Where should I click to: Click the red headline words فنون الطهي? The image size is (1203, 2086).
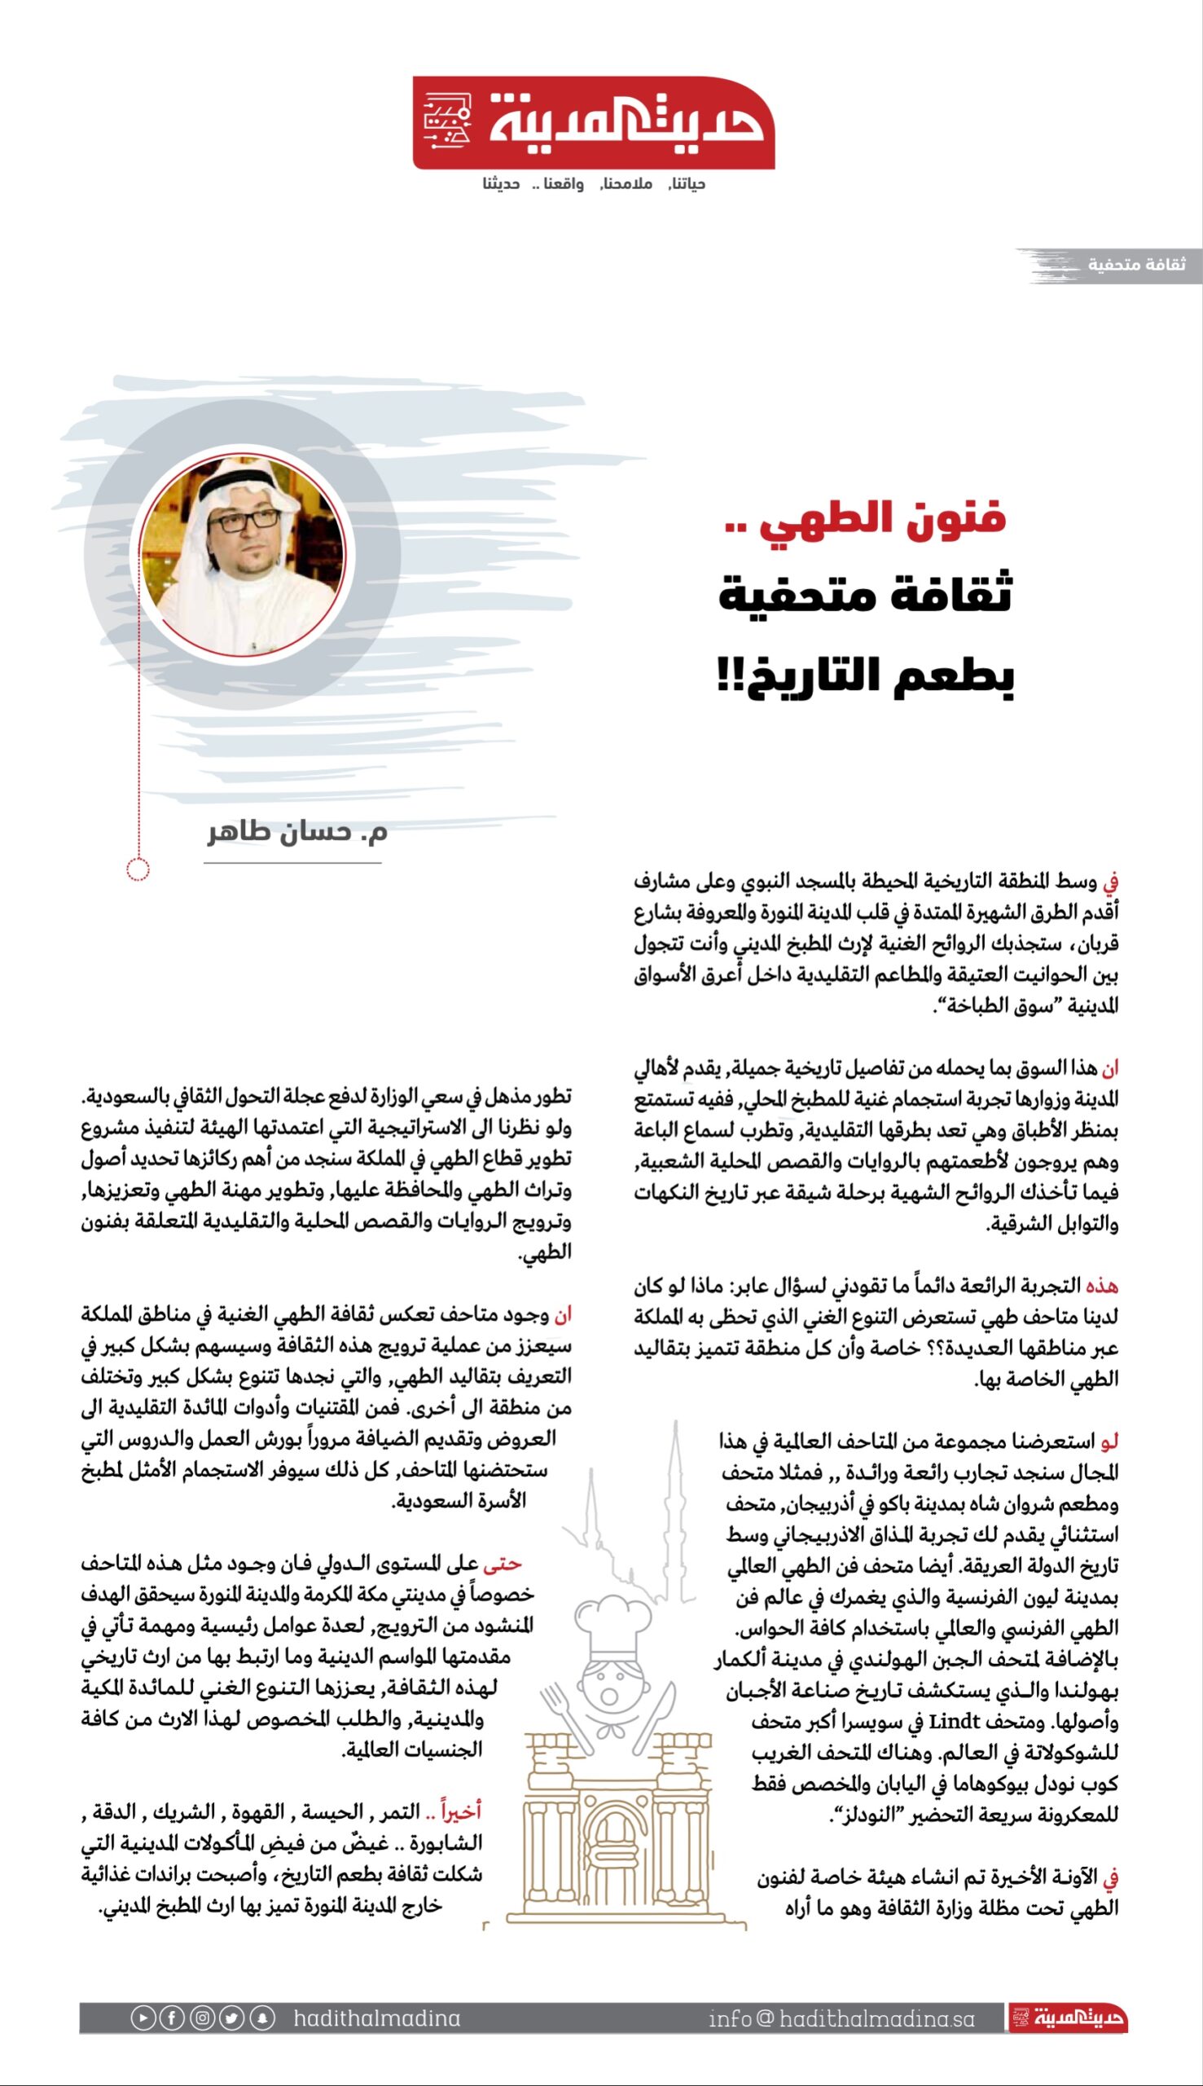pyautogui.click(x=882, y=519)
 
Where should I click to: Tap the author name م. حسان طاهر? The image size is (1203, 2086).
pyautogui.click(x=296, y=831)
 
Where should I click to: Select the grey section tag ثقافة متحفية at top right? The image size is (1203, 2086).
pyautogui.click(x=1136, y=265)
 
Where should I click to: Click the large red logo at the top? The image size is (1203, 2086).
pyautogui.click(x=593, y=123)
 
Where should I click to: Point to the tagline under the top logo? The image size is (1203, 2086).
pyautogui.click(x=593, y=183)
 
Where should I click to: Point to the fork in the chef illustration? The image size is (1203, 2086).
pyautogui.click(x=564, y=1711)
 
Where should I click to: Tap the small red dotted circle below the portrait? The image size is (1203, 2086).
pyautogui.click(x=138, y=869)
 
